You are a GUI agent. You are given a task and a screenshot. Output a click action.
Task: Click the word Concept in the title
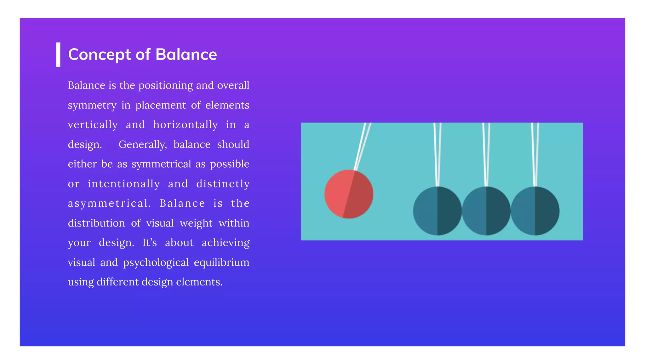(100, 55)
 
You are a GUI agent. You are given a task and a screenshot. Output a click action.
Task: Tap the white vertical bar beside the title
(58, 55)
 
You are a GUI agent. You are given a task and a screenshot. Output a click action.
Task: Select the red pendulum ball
(349, 194)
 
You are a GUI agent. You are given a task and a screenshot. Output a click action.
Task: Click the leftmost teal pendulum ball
(437, 211)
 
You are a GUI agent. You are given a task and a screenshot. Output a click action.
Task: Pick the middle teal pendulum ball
(486, 211)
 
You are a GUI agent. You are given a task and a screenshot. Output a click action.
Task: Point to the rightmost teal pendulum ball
(535, 211)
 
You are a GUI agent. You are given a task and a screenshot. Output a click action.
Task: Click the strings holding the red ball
(362, 145)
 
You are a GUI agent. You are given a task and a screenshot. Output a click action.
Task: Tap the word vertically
(93, 125)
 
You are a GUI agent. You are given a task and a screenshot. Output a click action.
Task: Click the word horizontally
(186, 125)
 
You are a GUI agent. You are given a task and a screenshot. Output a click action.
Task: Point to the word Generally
(143, 144)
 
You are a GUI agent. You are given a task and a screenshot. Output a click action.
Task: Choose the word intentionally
(124, 184)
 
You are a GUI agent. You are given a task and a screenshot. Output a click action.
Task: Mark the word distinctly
(223, 184)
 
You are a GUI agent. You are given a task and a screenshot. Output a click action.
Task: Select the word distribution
(96, 223)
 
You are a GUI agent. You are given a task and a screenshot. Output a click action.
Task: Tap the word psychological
(156, 262)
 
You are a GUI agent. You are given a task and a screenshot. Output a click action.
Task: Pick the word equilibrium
(221, 262)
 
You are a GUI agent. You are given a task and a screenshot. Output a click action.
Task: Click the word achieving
(225, 243)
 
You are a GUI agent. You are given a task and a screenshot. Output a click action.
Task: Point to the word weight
(196, 223)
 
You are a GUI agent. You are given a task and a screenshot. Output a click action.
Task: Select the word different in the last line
(117, 282)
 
